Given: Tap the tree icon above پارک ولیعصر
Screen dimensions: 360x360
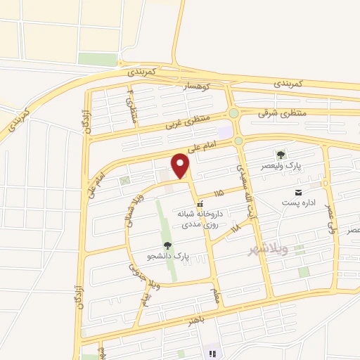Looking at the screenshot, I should tap(281, 155).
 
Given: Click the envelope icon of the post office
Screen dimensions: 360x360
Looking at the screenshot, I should tap(300, 192).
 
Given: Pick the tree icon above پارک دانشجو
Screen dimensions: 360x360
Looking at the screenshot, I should tap(167, 245).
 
